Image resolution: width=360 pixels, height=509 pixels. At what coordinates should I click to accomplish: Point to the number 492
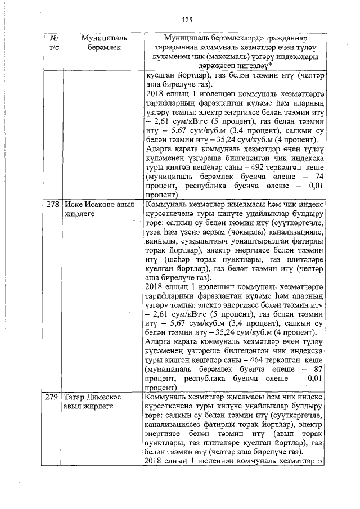[x=260, y=168]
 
